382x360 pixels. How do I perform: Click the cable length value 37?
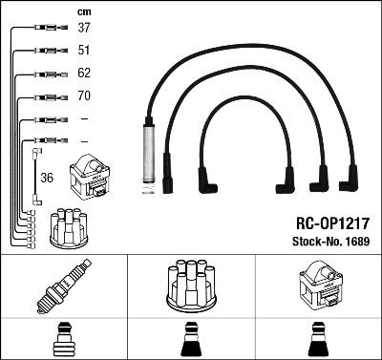83,28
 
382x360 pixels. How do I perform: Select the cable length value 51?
83,51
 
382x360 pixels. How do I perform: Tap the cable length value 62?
83,74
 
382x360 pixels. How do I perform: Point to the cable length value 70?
83,96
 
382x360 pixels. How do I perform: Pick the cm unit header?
83,11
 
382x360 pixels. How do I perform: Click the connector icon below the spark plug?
63,339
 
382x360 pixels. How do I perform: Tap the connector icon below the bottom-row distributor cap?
189,340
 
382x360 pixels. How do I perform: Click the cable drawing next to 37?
45,29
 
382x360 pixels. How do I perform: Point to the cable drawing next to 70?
45,96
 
